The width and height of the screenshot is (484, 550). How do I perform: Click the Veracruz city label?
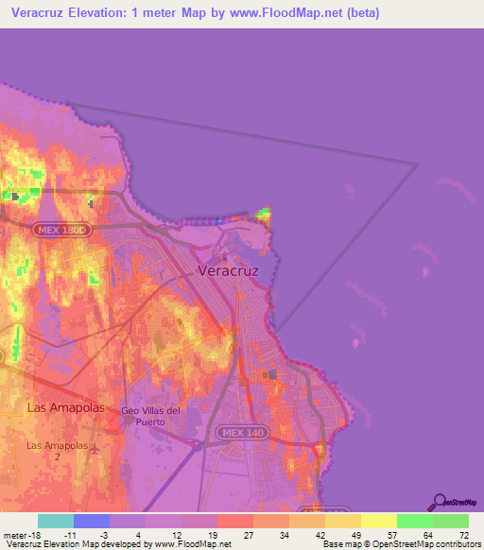[x=230, y=270]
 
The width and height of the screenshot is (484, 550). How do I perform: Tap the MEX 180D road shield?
[x=60, y=230]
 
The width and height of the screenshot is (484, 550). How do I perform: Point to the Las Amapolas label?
[x=60, y=406]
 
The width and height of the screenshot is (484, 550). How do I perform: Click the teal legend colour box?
[x=55, y=521]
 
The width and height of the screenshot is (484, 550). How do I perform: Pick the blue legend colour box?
[x=91, y=521]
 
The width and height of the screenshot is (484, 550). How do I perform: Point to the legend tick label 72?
[x=462, y=534]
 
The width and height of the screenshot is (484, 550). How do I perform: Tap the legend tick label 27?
[x=249, y=534]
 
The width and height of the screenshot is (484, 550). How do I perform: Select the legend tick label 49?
[x=354, y=534]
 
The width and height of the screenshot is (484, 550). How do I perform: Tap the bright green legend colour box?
[x=414, y=521]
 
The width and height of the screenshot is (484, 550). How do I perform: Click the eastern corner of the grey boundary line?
[x=417, y=165]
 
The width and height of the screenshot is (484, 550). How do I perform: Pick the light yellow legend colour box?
[x=378, y=521]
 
